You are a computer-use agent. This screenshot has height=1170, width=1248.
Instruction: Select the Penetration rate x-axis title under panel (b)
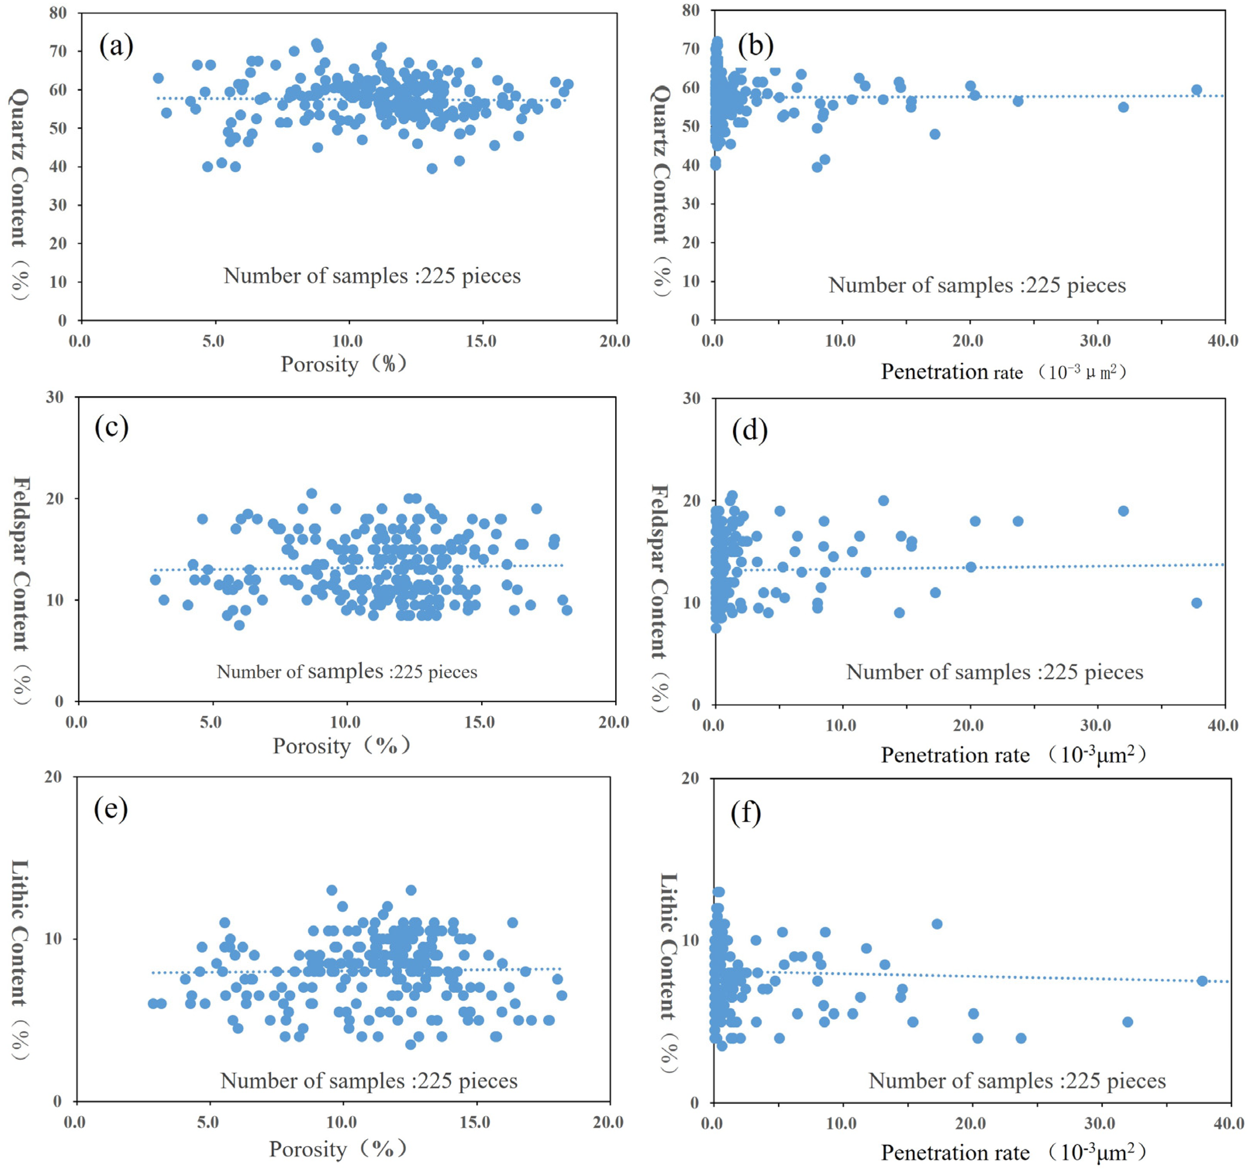[x=1003, y=372]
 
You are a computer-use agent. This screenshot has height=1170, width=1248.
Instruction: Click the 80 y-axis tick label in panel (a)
[x=58, y=13]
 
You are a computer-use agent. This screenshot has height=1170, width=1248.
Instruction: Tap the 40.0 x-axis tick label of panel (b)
[x=1223, y=341]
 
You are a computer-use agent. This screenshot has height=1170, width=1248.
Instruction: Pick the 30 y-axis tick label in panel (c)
[x=55, y=397]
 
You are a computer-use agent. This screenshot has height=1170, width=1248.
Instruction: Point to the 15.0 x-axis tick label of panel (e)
[x=475, y=1121]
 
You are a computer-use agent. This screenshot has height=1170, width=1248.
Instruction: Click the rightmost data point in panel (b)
[x=1196, y=90]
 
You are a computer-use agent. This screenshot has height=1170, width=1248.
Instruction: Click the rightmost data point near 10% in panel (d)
[x=1196, y=603]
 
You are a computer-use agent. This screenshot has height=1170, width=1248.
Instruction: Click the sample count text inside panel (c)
[x=347, y=672]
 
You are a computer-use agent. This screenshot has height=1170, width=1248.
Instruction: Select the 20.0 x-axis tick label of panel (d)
[x=968, y=725]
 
